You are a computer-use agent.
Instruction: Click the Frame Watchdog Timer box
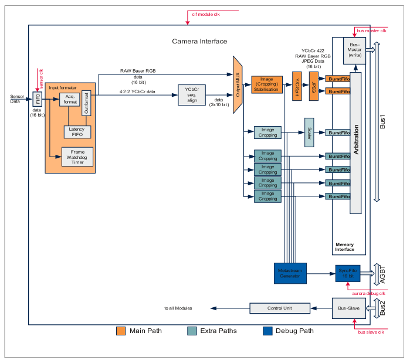pos(77,157)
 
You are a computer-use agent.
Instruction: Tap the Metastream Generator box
pos(291,273)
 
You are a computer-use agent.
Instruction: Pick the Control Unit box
pos(279,308)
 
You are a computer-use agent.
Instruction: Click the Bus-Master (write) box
pos(355,52)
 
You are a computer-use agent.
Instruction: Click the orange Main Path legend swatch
pos(121,331)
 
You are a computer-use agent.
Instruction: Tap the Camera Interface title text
pos(199,41)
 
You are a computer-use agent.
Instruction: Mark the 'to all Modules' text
pos(179,308)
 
